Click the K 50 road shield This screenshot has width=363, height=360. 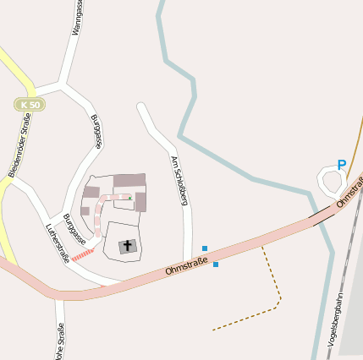[29, 104]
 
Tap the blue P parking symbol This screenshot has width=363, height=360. [341, 166]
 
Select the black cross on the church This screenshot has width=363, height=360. [128, 246]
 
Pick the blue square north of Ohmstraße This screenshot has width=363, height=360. [205, 248]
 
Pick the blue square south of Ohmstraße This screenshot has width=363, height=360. [216, 265]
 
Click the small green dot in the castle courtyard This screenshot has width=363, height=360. [129, 199]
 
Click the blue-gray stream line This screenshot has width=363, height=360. [195, 101]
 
